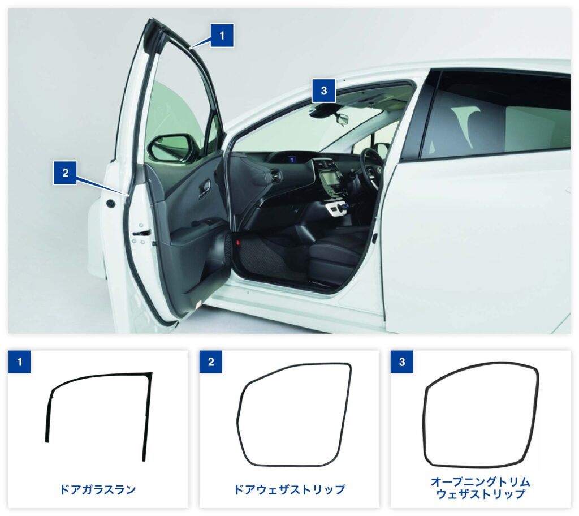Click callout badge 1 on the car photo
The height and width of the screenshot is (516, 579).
coord(222,36)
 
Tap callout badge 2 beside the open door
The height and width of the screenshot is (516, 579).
coord(65,173)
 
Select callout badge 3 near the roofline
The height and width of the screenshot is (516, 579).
coord(323,91)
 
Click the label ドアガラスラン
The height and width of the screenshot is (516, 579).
coord(98,490)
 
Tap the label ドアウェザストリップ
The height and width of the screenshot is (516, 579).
coord(289,490)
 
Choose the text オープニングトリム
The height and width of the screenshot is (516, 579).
coord(480,482)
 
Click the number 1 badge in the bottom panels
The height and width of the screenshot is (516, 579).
coord(20,362)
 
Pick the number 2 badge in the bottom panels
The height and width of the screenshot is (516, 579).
coord(211,362)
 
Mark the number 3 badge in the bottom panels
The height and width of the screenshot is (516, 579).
coord(402,362)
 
